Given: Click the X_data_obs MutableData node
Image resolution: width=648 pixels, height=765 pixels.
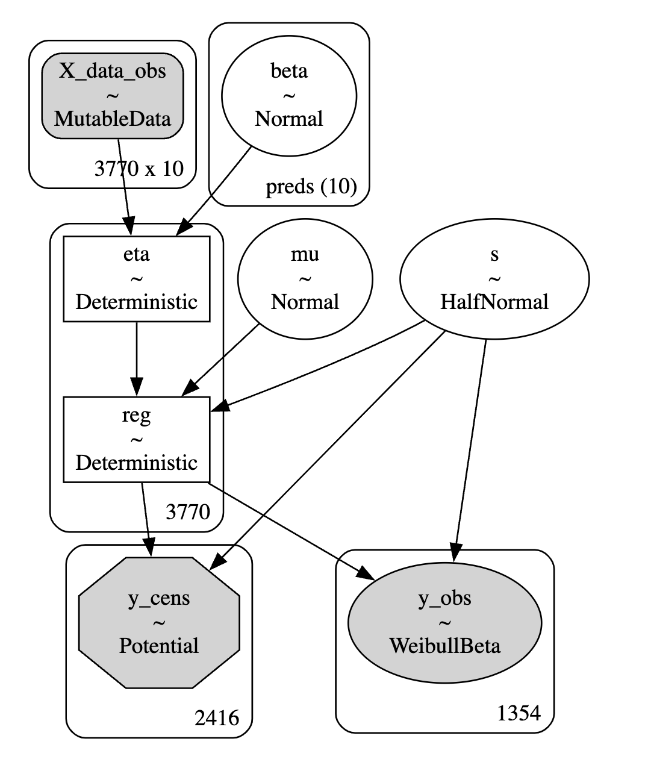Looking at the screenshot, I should [113, 95].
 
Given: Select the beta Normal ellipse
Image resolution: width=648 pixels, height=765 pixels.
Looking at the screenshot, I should [289, 95].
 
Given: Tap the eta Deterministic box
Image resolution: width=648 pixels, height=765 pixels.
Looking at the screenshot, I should [137, 278].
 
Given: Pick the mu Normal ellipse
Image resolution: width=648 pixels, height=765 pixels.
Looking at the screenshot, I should [305, 278].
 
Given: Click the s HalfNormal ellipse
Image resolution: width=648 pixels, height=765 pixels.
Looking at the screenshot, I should [494, 278].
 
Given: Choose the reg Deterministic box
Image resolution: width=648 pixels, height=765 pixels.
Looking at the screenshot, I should [137, 439].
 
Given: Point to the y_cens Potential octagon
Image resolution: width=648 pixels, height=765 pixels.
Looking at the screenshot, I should [159, 622].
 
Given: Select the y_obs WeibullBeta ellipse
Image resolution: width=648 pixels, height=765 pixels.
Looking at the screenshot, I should [445, 622].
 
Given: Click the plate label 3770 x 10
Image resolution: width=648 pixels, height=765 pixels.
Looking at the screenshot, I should [139, 169].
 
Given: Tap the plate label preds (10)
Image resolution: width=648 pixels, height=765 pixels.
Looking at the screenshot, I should [311, 187].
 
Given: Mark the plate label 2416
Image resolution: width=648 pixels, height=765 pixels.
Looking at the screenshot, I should [217, 717].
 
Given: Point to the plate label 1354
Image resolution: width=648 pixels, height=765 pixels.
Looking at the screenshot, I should [519, 713].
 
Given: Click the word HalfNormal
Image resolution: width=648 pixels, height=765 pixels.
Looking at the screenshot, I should [494, 302].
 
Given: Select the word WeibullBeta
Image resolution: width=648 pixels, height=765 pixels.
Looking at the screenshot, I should [445, 646].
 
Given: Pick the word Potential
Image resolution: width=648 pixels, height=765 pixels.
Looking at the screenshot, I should [159, 646].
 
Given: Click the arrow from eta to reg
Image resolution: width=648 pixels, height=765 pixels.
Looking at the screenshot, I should [137, 358].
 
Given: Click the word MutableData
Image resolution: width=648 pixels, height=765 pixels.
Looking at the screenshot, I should [113, 119].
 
